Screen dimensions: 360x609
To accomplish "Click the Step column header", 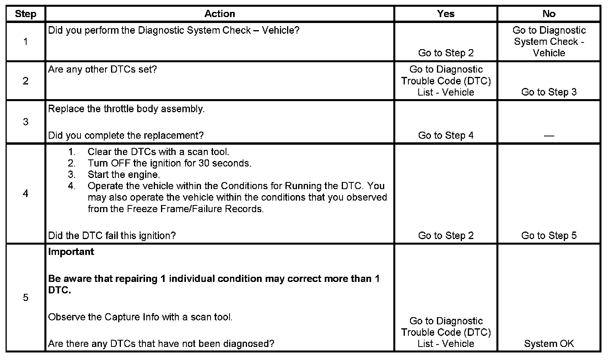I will pos(26,14).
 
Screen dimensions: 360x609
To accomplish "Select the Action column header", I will pos(220,14).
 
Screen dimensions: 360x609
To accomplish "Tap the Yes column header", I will pos(446,14).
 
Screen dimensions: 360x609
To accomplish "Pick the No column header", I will pos(549,14).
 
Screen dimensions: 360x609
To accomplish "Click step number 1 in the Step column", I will pos(26,42).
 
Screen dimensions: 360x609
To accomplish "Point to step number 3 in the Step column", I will pos(26,122).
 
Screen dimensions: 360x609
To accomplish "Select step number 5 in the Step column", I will pos(26,297).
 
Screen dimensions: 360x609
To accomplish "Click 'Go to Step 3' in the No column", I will pos(549,92).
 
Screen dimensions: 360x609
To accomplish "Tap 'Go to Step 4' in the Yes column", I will pos(446,136).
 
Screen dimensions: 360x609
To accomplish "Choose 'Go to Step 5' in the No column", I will pos(549,236).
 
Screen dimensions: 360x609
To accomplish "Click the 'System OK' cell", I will pos(549,344).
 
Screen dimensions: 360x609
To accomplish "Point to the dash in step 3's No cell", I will pos(549,136).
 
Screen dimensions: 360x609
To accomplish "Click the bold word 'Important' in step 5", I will pos(71,252).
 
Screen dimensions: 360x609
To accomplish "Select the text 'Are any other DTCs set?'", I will pos(102,69).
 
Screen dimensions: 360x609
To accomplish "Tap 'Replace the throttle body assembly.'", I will pos(126,109).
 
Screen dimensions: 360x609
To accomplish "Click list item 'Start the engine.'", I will pos(124,174).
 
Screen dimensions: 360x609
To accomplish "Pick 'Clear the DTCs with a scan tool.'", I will pos(158,152).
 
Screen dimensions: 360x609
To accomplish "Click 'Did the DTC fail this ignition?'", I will pos(112,236).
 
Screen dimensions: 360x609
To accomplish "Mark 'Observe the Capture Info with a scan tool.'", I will pos(140,317).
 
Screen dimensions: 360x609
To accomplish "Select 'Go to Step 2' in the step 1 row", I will pos(446,53).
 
